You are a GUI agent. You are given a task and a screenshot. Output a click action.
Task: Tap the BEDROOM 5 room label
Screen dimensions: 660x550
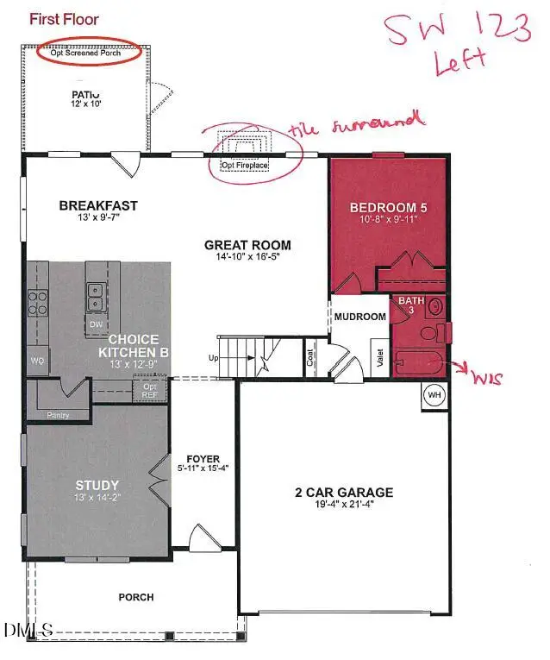click(388, 208)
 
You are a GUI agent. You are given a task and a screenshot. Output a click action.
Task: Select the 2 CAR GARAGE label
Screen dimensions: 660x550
click(343, 493)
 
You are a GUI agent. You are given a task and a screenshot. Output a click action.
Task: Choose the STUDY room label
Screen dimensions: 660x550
click(97, 486)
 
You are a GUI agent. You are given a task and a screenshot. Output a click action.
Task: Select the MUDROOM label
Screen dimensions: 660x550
click(359, 317)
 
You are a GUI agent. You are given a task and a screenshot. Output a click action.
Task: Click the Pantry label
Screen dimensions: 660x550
click(59, 415)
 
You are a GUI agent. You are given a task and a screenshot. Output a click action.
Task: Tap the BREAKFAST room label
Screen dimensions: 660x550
click(98, 205)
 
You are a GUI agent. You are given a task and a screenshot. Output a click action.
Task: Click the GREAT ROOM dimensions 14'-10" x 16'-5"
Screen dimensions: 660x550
click(248, 256)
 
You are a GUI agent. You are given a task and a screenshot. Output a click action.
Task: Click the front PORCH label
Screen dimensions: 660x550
click(136, 597)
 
